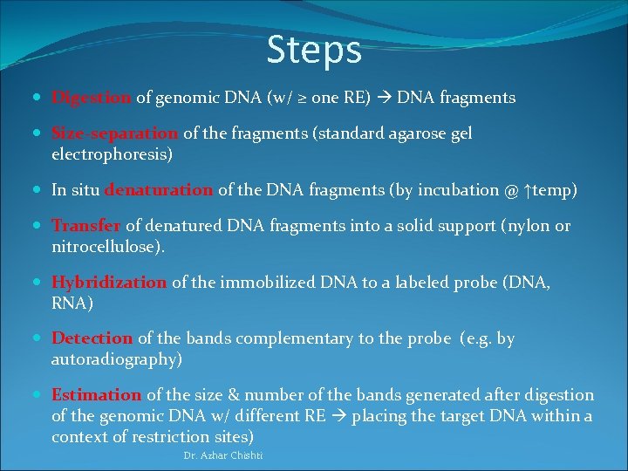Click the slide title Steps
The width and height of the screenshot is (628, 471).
pos(314,50)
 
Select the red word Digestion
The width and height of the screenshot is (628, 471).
pos(92,98)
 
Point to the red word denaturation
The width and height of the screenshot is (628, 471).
pos(159,190)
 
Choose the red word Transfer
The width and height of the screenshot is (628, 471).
pos(85,226)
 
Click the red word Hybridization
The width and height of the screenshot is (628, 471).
pos(109,283)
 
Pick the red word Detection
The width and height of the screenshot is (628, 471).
pos(92,338)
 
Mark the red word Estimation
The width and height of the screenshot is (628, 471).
pos(97,395)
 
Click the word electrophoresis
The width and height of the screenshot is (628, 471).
pos(109,155)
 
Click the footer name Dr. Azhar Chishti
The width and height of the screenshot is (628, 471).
pos(223,456)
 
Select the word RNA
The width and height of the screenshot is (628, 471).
pos(68,303)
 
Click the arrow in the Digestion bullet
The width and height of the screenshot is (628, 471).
pos(385,99)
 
